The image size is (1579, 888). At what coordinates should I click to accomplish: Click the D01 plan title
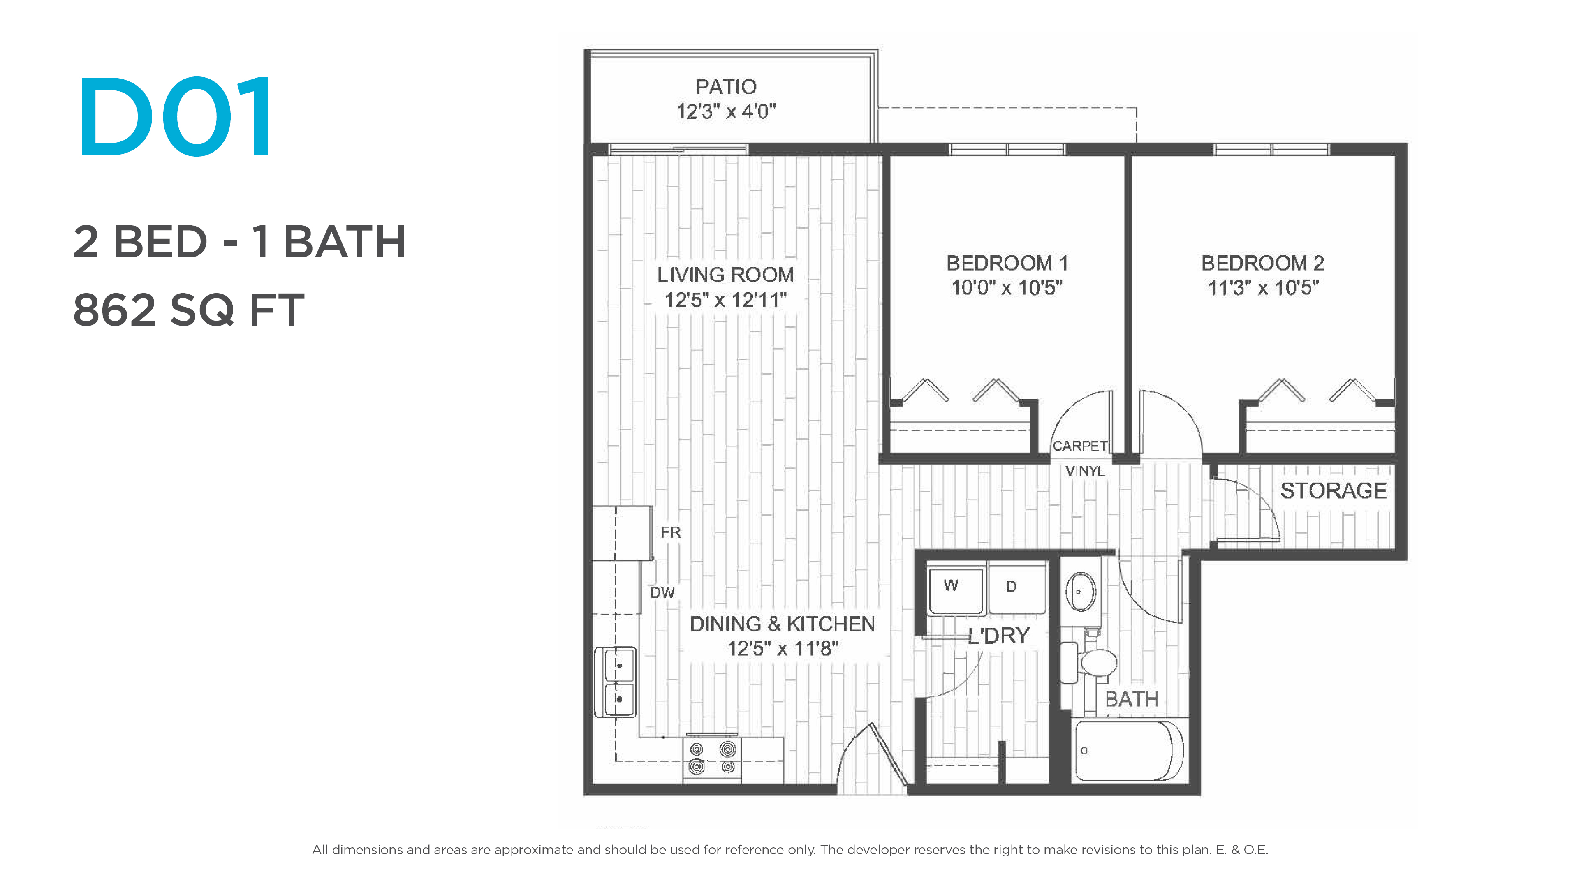click(x=175, y=117)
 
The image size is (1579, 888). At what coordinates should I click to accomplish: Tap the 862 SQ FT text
click(x=189, y=310)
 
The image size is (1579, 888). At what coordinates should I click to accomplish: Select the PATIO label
click(x=726, y=86)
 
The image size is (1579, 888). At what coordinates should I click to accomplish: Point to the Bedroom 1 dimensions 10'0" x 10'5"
click(x=1007, y=287)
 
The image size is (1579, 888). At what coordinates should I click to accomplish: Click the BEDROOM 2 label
click(x=1263, y=263)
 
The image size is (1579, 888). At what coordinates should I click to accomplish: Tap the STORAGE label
click(x=1333, y=490)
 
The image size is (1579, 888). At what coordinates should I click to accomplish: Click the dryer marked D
click(x=1017, y=590)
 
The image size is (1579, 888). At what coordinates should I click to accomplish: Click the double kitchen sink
click(x=616, y=682)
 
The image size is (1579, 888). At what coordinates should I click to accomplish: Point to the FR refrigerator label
click(x=671, y=532)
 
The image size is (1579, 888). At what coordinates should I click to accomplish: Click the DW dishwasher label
click(x=662, y=592)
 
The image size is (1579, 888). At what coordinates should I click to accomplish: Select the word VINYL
click(x=1085, y=471)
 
